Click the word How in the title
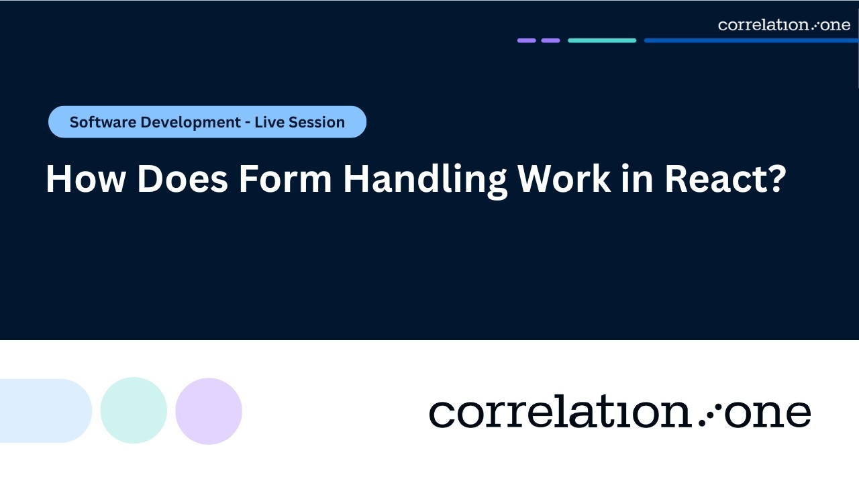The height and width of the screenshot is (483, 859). tap(84, 180)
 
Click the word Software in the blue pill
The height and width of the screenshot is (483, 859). tap(99, 122)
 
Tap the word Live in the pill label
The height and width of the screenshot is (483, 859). tap(269, 122)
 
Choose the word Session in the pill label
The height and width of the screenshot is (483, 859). tap(316, 122)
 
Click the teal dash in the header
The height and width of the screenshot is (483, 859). tap(602, 40)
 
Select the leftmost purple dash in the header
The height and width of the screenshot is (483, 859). tap(527, 40)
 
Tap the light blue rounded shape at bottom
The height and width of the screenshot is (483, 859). tap(44, 411)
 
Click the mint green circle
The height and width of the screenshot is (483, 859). tap(134, 411)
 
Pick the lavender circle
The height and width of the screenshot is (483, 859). tap(209, 411)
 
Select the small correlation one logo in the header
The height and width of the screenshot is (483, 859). tap(784, 25)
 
